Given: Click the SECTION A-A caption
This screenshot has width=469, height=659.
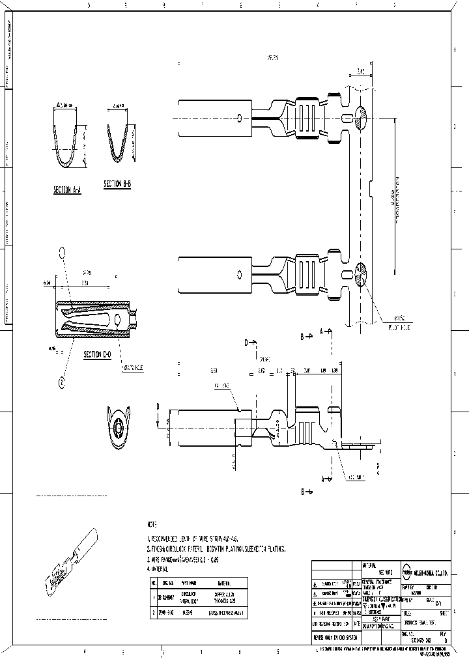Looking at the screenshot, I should [x=66, y=189].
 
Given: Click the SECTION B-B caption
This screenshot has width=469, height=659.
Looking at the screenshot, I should [x=118, y=184].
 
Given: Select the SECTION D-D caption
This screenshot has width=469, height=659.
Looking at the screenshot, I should [x=96, y=355].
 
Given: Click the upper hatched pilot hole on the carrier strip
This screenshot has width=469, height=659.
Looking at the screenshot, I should [x=362, y=118].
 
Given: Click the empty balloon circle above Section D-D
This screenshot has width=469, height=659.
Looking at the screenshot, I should [x=63, y=252].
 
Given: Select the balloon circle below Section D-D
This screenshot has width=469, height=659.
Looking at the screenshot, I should [x=63, y=383].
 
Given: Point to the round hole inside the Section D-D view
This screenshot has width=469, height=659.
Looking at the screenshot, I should [x=117, y=320].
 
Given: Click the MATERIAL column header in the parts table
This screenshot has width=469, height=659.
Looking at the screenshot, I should [x=222, y=583].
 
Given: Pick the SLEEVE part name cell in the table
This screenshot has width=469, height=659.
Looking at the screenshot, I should [x=188, y=613].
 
